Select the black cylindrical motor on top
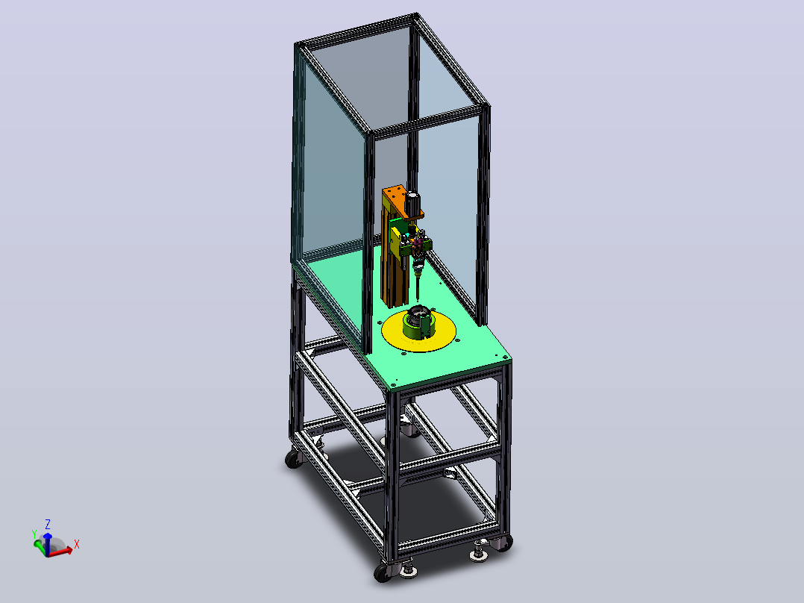click(x=413, y=203)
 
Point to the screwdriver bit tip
click(x=418, y=300)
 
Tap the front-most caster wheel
click(x=383, y=572)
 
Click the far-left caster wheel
click(x=294, y=458)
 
